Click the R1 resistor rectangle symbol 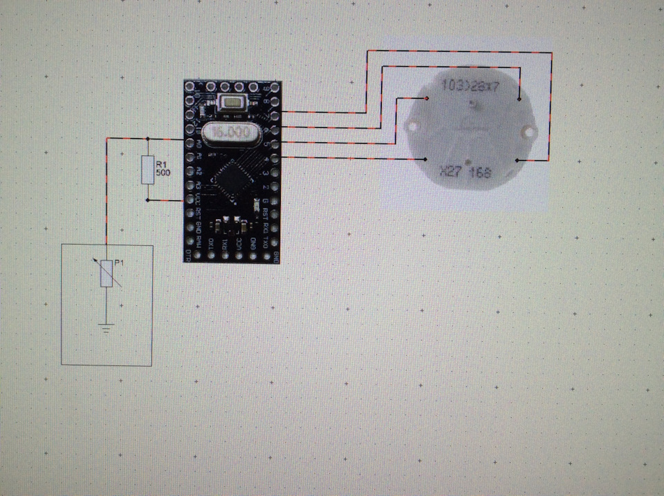coord(147,170)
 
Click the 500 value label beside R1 coord(163,172)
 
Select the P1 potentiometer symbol coord(107,274)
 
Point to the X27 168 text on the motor coord(464,172)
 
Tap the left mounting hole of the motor coord(413,126)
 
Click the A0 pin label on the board coord(199,144)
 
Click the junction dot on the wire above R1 coord(147,139)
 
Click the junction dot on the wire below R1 coord(147,200)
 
